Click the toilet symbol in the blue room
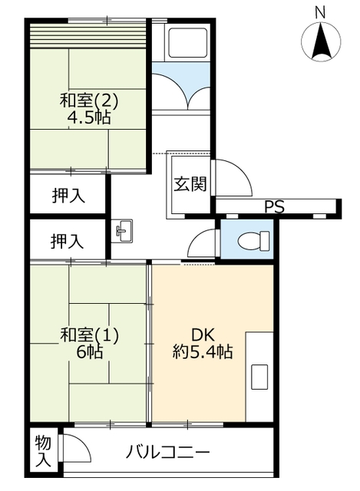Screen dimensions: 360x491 253,241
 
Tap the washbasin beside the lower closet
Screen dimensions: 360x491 123,231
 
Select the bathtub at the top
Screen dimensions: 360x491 187,42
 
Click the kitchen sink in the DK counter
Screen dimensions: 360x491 259,377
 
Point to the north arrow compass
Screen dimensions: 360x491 321,41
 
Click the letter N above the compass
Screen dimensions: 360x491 320,13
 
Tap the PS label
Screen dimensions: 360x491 275,206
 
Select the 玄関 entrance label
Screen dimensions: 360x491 190,184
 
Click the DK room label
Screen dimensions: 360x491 203,335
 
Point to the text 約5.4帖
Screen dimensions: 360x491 203,351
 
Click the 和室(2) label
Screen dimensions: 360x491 89,101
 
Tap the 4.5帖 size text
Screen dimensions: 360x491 89,117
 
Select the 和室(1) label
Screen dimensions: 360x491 89,335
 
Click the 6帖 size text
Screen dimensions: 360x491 90,352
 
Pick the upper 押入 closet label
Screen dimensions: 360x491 68,196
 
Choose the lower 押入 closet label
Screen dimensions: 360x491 67,242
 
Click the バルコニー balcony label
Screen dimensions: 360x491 167,453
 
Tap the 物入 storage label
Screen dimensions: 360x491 43,451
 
